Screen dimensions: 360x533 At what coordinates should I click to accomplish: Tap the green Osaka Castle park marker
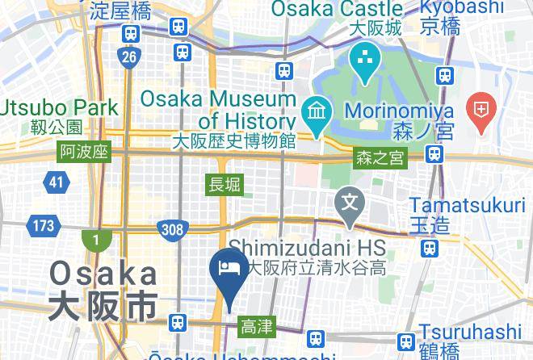pos(365,61)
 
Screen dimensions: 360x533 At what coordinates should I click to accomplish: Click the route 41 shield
pos(56,182)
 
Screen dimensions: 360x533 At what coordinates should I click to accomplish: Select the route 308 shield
pos(172,229)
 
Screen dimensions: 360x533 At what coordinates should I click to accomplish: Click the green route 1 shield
pos(95,240)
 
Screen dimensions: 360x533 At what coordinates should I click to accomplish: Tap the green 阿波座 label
pos(84,152)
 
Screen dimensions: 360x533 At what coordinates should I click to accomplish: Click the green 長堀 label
pos(225,185)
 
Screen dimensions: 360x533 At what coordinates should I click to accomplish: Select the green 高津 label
pos(258,327)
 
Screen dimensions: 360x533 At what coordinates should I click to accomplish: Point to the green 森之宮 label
pos(380,159)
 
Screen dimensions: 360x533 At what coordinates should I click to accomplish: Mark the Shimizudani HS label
pos(308,245)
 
